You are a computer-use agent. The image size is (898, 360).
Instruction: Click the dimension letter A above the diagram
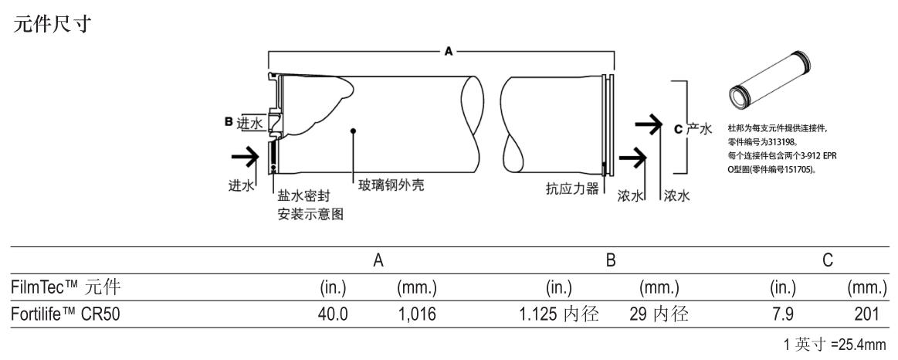pos(447,50)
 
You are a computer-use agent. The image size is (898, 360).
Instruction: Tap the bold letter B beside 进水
pos(229,121)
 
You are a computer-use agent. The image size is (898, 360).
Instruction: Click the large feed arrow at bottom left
pos(245,158)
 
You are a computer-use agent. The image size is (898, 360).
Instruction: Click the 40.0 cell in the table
pos(333,315)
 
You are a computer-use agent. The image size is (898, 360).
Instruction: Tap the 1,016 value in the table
pos(418,315)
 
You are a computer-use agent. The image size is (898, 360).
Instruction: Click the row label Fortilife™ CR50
pos(66,315)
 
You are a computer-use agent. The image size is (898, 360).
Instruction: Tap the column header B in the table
pos(610,262)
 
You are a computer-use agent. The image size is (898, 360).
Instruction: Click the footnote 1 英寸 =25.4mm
pos(835,344)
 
